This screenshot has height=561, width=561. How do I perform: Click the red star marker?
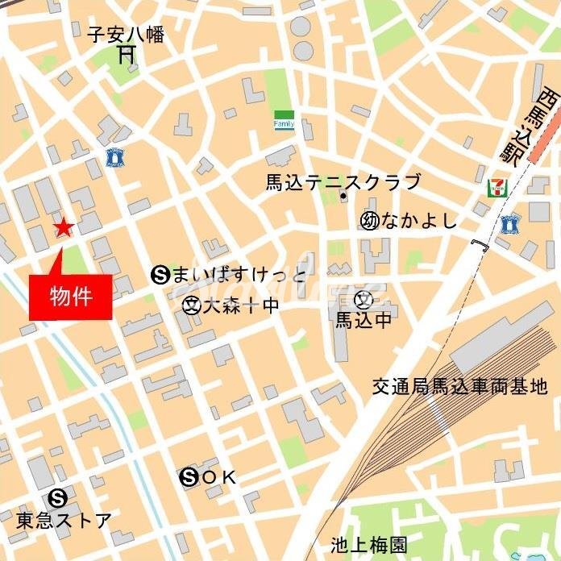click(63, 228)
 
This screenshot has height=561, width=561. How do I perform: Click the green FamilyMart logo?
click(284, 120)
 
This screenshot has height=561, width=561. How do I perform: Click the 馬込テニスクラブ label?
click(343, 181)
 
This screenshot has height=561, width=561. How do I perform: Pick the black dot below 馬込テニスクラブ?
click(343, 197)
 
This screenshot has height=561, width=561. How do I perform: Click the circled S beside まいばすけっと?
click(159, 276)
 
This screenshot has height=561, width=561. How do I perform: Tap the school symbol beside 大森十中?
click(191, 305)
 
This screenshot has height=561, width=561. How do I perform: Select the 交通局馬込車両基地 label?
click(459, 388)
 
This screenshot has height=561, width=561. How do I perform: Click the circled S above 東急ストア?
click(57, 497)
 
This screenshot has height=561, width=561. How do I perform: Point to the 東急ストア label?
click(64, 520)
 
